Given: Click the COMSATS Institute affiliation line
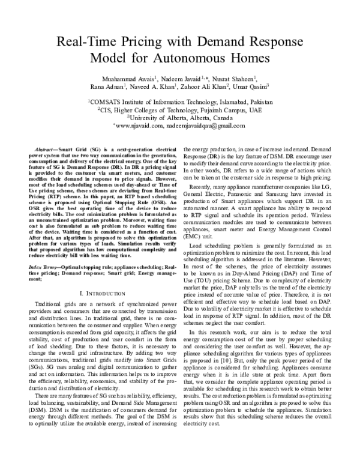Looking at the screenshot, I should tap(180, 103).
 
